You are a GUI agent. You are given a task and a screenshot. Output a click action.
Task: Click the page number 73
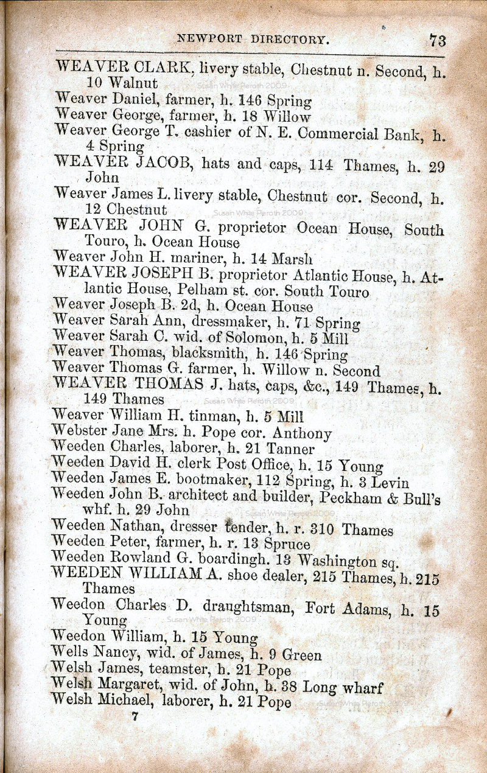tap(437, 40)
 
